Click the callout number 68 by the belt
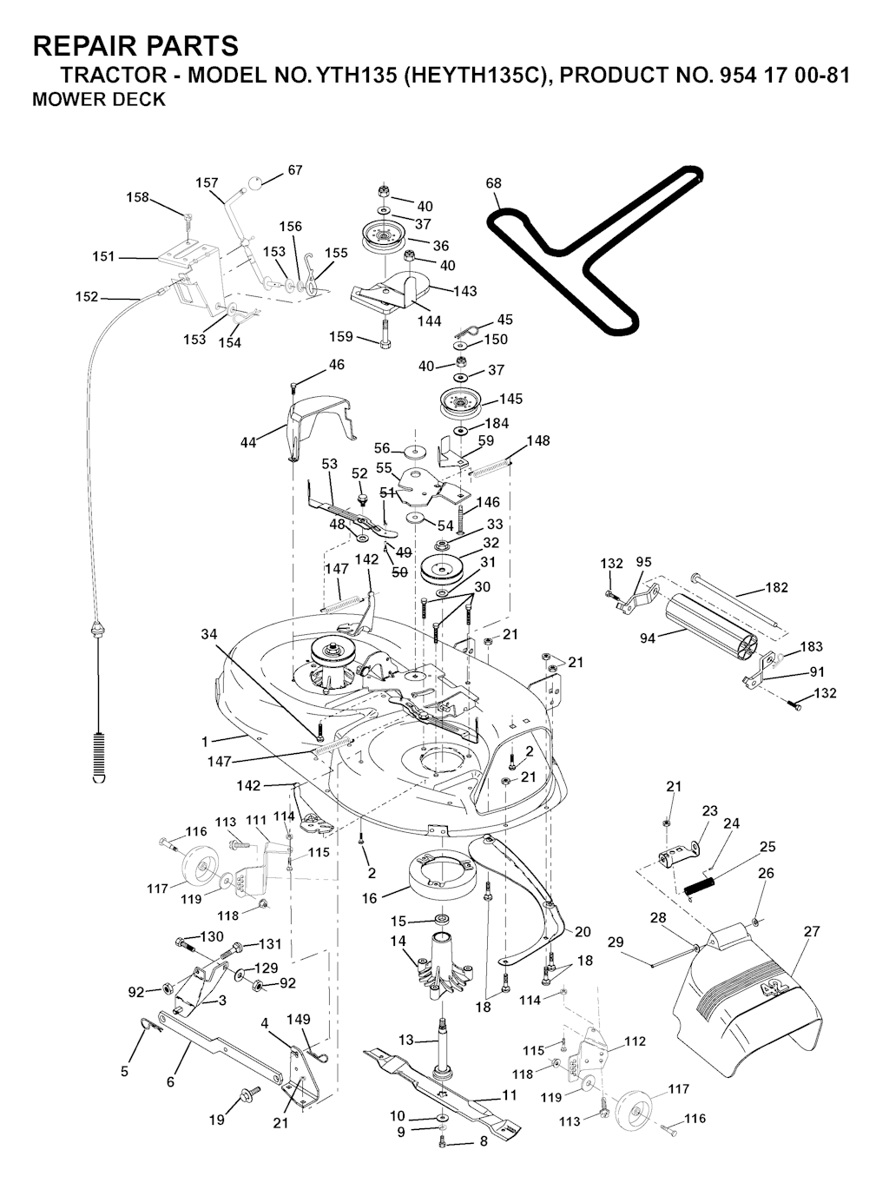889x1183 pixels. [494, 183]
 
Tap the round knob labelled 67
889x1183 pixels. [257, 184]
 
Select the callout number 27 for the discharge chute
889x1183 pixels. [812, 932]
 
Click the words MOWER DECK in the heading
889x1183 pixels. [98, 99]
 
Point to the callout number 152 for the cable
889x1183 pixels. [87, 296]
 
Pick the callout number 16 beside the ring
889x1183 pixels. [370, 899]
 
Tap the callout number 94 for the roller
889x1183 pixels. [648, 638]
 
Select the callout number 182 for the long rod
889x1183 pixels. [776, 587]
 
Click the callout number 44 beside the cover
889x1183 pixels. [249, 443]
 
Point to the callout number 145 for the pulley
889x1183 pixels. [511, 399]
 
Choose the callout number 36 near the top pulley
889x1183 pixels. [441, 246]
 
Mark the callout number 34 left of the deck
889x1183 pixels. [209, 635]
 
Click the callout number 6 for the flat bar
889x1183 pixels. [170, 1081]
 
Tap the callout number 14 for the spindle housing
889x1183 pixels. [398, 941]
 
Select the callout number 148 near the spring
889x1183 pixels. [538, 441]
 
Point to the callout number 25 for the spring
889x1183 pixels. [767, 847]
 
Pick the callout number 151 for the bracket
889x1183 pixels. [104, 256]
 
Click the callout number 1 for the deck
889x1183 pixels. [205, 742]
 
